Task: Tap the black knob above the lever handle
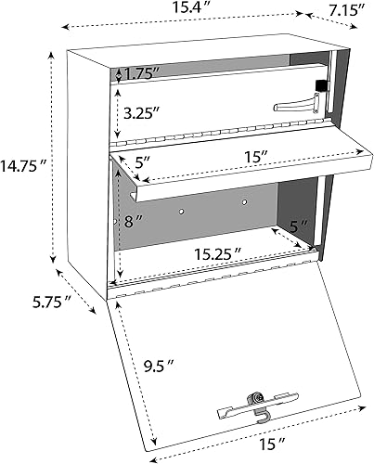point(322,85)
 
